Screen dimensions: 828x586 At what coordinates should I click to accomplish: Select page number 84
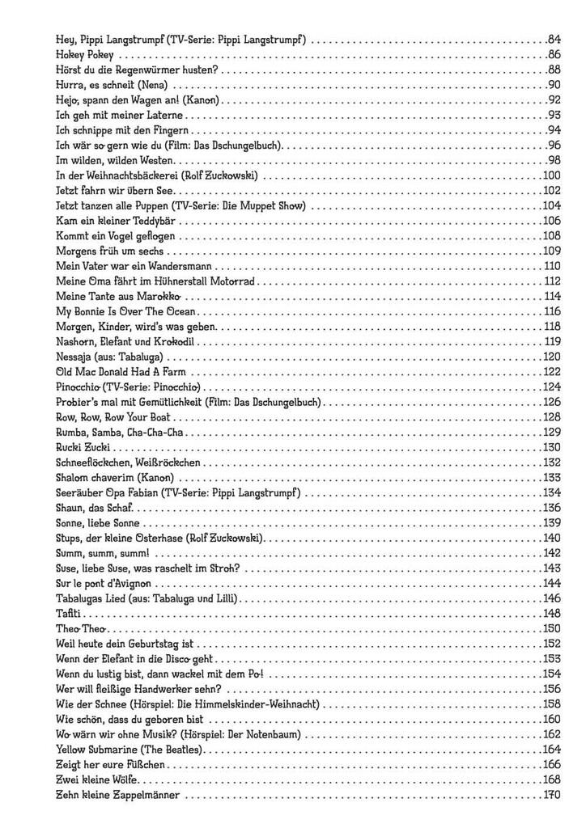(554, 40)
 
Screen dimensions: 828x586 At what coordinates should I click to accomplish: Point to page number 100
(552, 175)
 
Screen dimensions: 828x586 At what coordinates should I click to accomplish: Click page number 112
(553, 281)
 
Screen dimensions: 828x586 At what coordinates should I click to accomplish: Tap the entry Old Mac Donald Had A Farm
(121, 373)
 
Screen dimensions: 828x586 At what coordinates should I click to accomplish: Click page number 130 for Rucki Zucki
(552, 448)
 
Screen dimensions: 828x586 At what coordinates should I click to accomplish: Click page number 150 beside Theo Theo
(552, 628)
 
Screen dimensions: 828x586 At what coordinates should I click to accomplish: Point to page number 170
(552, 795)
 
